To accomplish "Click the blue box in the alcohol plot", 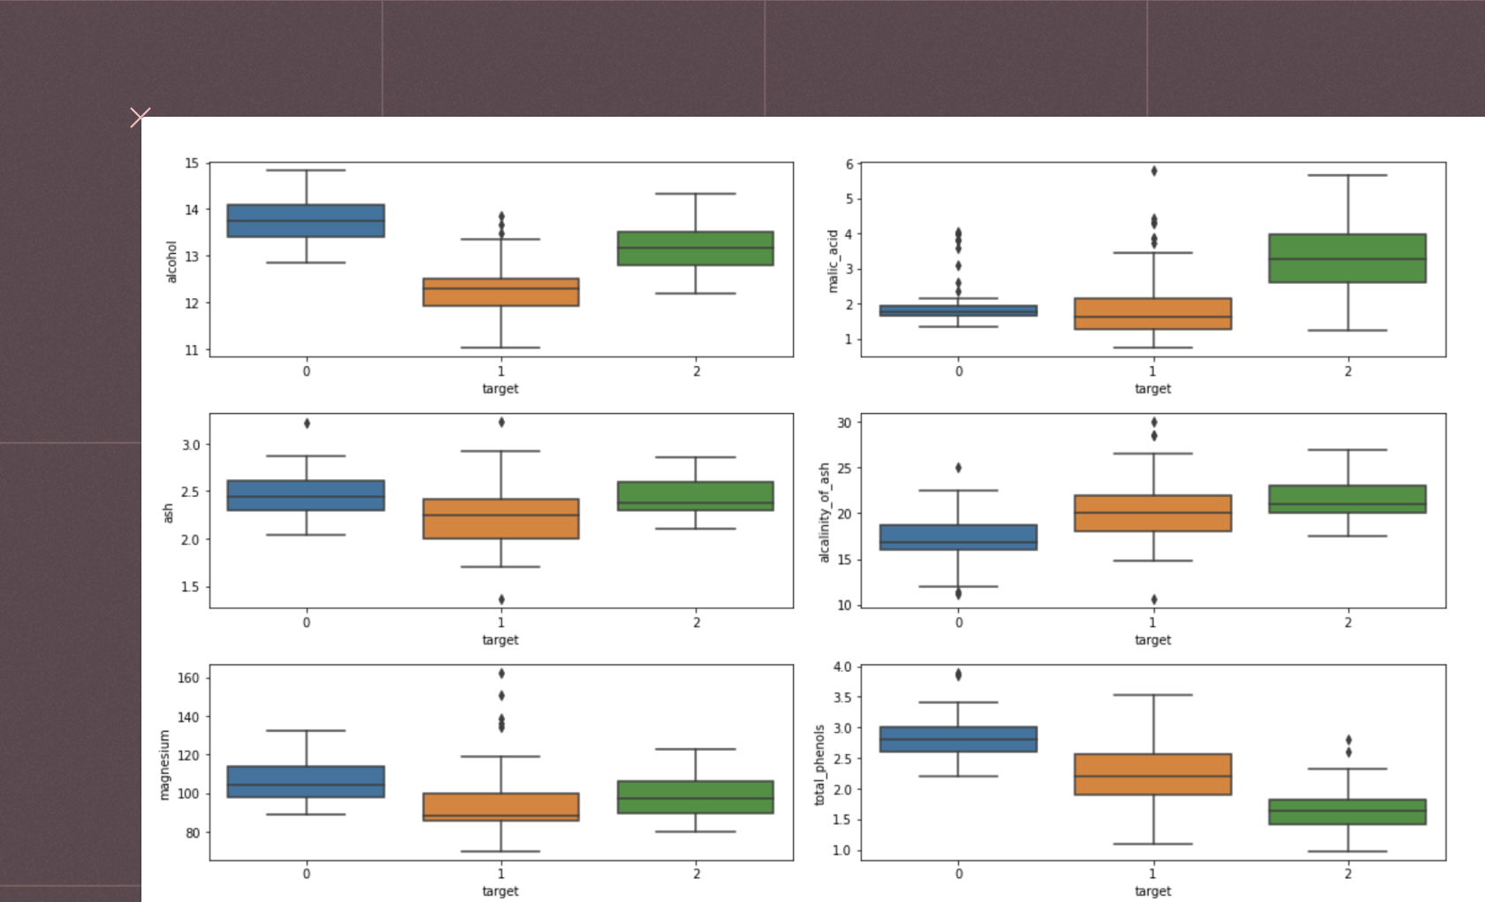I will click(x=306, y=220).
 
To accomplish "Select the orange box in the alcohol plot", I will click(x=501, y=292).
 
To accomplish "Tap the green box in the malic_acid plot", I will click(x=1347, y=258).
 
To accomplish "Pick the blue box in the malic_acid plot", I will click(x=958, y=310).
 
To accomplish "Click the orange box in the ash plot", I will click(x=501, y=518).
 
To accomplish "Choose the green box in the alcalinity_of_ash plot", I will click(x=1347, y=499).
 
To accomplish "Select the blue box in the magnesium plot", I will click(x=306, y=782).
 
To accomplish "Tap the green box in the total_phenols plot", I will click(x=1347, y=812).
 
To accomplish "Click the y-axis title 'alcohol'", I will click(x=171, y=262).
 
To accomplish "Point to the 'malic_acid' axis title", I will click(x=832, y=261).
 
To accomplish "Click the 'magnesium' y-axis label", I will click(x=164, y=765).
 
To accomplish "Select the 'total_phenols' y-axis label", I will click(x=819, y=765).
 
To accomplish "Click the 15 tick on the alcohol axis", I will click(x=192, y=164).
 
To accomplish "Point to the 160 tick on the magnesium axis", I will click(x=188, y=678).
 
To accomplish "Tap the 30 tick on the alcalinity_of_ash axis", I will click(x=844, y=423).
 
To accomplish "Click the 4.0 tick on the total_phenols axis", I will click(x=842, y=667).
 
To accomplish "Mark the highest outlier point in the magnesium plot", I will click(x=501, y=674).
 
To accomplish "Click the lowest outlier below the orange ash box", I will click(x=501, y=600).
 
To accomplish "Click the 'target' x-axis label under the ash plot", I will click(x=500, y=639).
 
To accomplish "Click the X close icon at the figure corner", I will click(x=140, y=117).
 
